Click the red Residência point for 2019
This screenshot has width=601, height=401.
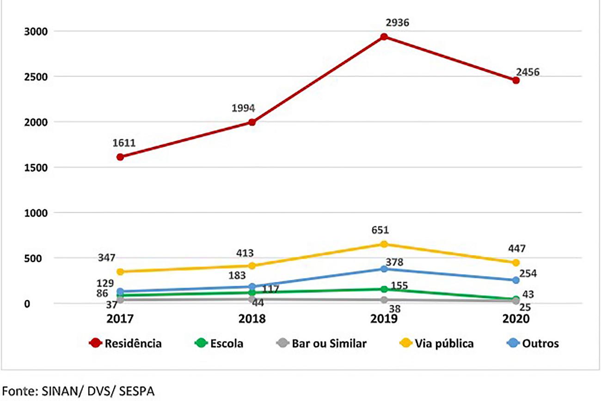(384, 37)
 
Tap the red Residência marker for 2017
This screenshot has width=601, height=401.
(120, 157)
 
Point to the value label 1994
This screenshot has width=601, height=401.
(244, 109)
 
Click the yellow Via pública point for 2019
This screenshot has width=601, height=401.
(384, 244)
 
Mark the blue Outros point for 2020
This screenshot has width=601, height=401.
(516, 280)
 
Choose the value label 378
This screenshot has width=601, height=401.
(396, 263)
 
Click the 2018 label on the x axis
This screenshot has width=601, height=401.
(252, 319)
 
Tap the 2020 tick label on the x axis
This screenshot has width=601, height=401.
(515, 319)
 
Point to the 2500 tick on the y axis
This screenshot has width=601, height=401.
(30, 77)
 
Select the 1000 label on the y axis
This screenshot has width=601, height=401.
(30, 213)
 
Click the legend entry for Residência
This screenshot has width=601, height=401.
(133, 344)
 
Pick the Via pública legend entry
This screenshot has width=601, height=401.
(444, 344)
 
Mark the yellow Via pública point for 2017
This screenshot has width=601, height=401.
(120, 271)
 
